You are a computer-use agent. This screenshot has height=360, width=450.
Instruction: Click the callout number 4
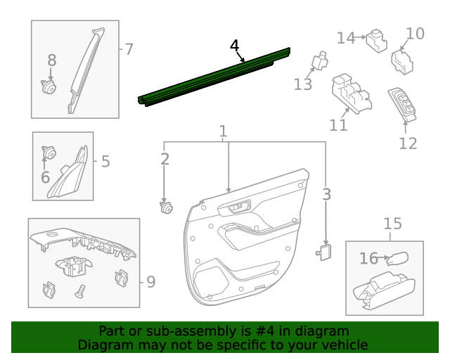click(234, 46)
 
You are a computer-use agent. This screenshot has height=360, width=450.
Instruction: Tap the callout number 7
click(129, 49)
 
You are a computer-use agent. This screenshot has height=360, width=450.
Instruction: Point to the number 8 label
click(51, 61)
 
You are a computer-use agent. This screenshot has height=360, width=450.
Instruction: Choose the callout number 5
click(105, 162)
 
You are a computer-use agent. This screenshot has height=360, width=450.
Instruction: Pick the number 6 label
click(45, 177)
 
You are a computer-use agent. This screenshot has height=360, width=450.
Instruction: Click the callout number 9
click(150, 282)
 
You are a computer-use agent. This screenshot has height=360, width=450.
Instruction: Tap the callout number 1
click(223, 131)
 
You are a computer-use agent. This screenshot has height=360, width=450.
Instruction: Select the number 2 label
click(165, 160)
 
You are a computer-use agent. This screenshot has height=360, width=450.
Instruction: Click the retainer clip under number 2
click(166, 207)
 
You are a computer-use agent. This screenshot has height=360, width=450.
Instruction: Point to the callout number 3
click(326, 193)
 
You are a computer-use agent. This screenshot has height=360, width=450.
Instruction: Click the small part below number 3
click(326, 252)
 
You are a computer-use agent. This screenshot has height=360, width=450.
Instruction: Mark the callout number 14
click(345, 38)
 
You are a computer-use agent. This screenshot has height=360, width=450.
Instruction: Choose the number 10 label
click(416, 33)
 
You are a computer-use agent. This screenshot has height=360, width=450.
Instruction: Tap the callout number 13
click(302, 84)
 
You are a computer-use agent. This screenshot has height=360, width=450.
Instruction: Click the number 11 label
click(338, 125)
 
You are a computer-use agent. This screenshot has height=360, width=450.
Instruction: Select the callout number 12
click(408, 143)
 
